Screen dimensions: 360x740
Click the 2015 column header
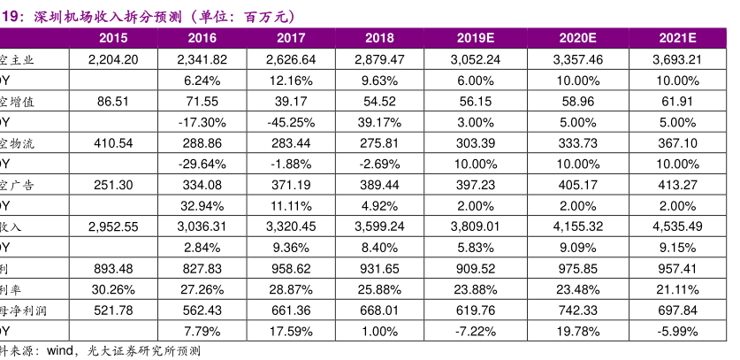(x=113, y=37)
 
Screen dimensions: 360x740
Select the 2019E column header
(x=478, y=37)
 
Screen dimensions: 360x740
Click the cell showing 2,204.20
(x=113, y=60)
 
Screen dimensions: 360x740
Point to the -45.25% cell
(x=296, y=121)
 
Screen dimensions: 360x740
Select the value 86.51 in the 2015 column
(x=113, y=101)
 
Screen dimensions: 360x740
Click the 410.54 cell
(x=113, y=142)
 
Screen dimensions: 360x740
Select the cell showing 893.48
(x=113, y=268)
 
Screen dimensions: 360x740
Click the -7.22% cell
(x=478, y=331)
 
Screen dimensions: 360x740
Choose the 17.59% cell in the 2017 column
(x=296, y=331)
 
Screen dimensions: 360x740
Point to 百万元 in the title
(x=261, y=15)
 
